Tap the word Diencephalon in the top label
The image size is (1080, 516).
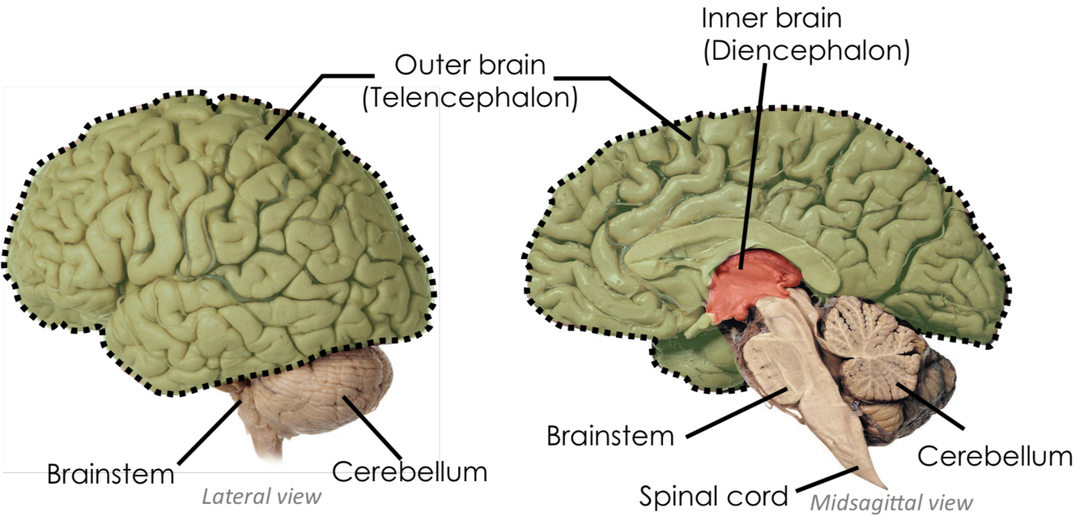tap(806, 51)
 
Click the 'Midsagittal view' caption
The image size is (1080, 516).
tap(891, 502)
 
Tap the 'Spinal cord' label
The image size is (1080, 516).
tap(713, 495)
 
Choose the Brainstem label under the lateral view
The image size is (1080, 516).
tap(110, 473)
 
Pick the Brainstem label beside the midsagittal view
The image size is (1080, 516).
tap(610, 435)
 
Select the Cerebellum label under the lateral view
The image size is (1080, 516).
tap(410, 471)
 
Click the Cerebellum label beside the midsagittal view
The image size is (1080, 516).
tap(994, 455)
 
